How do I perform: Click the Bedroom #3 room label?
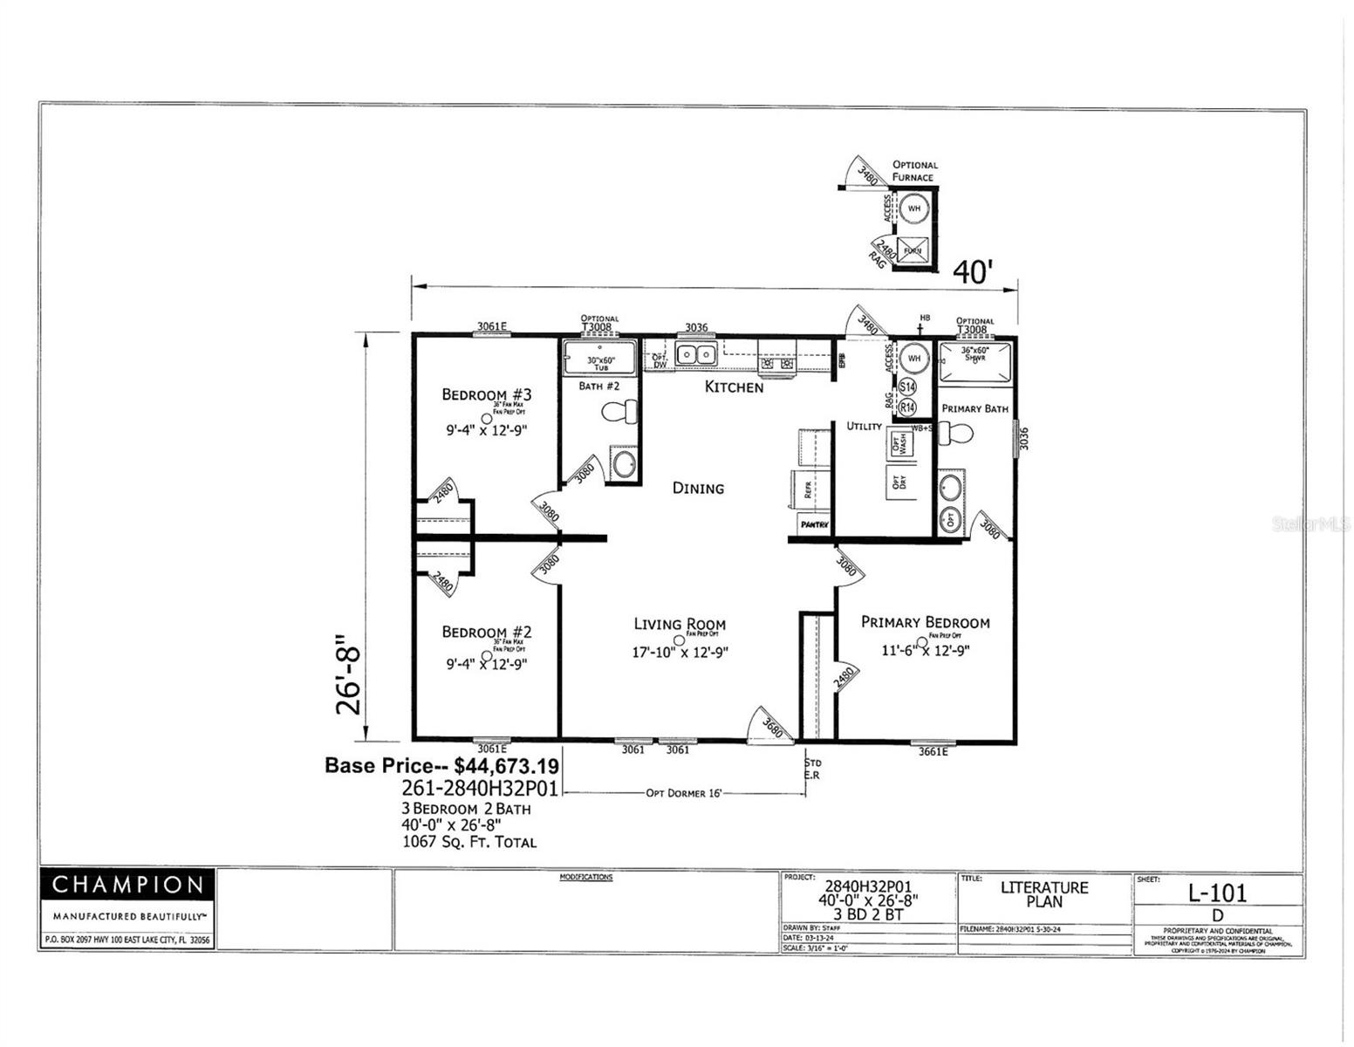[486, 394]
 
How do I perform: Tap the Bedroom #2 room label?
[486, 632]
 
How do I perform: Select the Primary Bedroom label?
[925, 622]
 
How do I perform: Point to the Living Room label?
[679, 624]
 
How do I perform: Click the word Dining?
[698, 488]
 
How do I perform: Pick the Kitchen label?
[734, 387]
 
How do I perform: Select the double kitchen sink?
[696, 355]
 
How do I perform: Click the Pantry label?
[814, 524]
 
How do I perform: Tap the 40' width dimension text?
[972, 272]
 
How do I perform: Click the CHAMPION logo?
[127, 885]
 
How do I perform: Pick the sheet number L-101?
[1217, 893]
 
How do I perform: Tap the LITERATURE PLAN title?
[1044, 894]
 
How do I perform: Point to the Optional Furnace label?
[913, 170]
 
